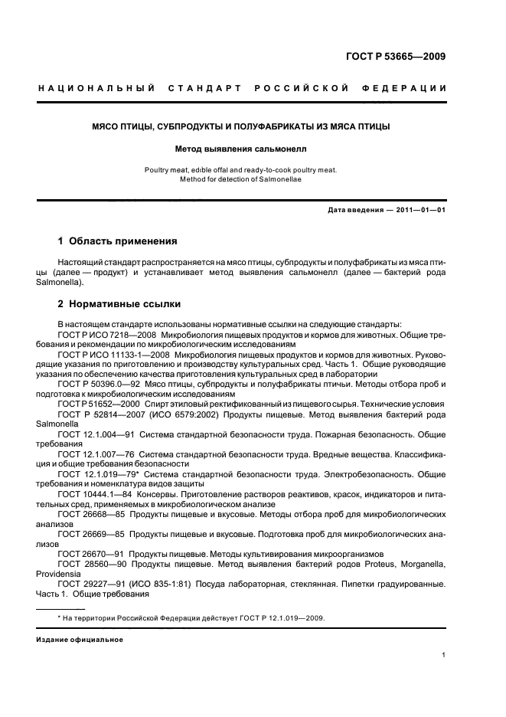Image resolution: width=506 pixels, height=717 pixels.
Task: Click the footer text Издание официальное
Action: (80, 639)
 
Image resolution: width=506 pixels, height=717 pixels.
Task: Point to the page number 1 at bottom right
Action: (443, 655)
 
